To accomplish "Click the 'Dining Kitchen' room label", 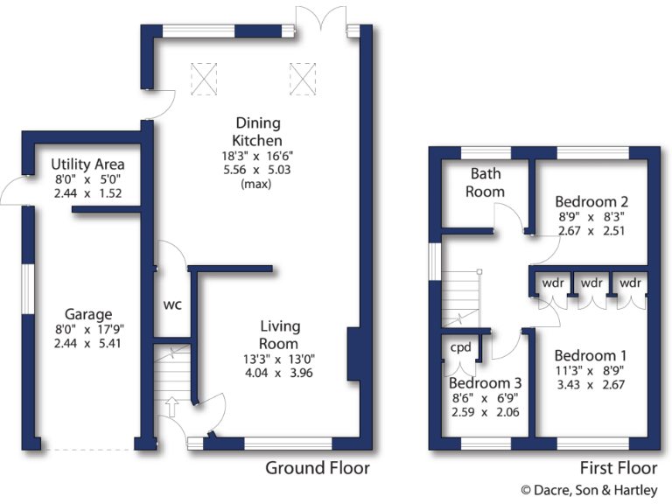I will (257, 131).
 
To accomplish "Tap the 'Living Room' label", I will (279, 335).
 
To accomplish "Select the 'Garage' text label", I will (87, 314).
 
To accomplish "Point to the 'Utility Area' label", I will (87, 164).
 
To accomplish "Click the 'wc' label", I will (172, 305).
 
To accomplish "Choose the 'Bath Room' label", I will (485, 182).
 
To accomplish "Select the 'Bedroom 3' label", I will (485, 383).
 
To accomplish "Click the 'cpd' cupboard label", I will (460, 346).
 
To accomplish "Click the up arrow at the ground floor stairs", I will (171, 405).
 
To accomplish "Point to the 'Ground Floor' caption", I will (317, 468).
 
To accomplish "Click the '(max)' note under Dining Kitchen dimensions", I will (257, 184).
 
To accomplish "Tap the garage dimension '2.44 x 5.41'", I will (87, 344).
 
